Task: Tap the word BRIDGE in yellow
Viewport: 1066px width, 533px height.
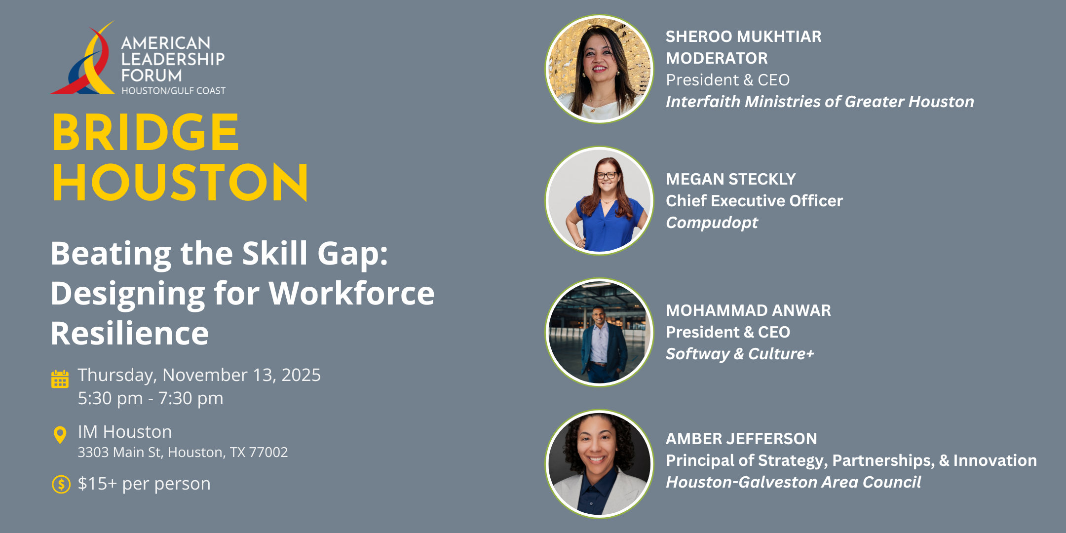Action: coord(146,132)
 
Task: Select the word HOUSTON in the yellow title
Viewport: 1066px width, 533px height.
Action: coord(180,182)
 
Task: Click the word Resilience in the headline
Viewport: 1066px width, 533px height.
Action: coord(130,333)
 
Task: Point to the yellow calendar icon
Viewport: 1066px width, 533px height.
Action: coord(60,379)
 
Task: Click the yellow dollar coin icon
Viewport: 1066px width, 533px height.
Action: coord(61,484)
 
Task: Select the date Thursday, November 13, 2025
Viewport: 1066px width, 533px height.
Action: coord(199,376)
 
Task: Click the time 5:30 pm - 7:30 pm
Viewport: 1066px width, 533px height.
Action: coord(151,398)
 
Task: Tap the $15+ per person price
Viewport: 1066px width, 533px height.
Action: coord(144,484)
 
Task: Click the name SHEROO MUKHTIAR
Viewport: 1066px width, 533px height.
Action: coord(744,37)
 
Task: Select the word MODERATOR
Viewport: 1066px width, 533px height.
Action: coord(717,58)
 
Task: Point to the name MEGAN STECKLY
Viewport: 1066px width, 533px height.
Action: coord(731,179)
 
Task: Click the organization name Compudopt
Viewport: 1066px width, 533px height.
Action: coord(712,223)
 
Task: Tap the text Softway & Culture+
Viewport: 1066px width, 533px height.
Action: coord(740,354)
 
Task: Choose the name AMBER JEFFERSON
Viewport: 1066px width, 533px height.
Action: coord(741,439)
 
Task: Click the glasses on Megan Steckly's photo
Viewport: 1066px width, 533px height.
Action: coord(607,175)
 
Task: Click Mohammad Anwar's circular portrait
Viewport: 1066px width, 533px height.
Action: coord(599,332)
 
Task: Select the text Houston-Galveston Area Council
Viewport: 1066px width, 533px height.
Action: coord(793,482)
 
